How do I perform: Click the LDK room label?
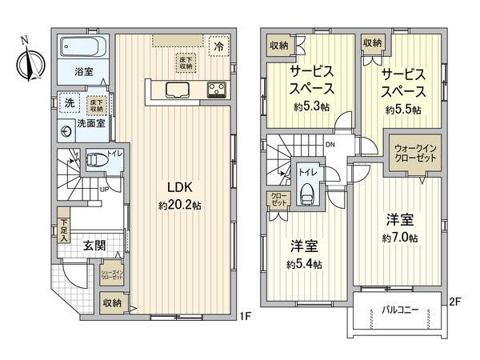click(x=178, y=187)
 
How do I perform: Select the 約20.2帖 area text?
click(x=178, y=205)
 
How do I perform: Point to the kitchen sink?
click(x=178, y=88)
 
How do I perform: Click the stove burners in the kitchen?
click(x=218, y=88)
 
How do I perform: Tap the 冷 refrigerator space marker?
click(x=218, y=46)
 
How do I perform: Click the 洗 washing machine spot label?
click(x=70, y=103)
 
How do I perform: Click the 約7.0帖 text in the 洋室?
click(x=401, y=237)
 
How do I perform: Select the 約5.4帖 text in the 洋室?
click(x=304, y=264)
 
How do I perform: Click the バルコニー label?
click(x=398, y=308)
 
